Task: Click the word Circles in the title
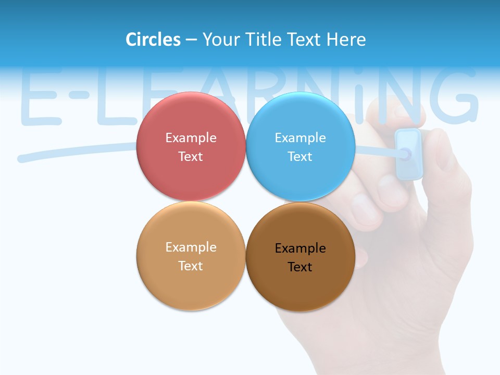point(153,40)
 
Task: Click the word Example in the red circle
point(191,137)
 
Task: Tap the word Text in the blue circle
point(300,156)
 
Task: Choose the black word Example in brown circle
point(300,248)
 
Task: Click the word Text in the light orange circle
point(191,266)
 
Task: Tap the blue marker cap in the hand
point(408,154)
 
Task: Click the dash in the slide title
point(191,40)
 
